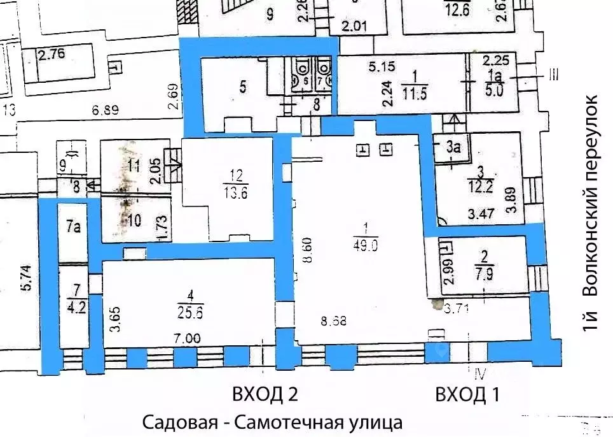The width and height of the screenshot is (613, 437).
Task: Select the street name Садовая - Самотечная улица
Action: coord(272,422)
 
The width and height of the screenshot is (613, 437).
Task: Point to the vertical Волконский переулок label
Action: coord(591,213)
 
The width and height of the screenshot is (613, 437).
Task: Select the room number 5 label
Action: coord(243,86)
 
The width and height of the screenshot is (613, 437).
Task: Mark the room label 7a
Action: coord(73,226)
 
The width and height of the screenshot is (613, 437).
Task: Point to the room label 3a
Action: coord(453,147)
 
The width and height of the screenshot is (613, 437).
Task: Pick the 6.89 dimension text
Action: coord(106,110)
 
